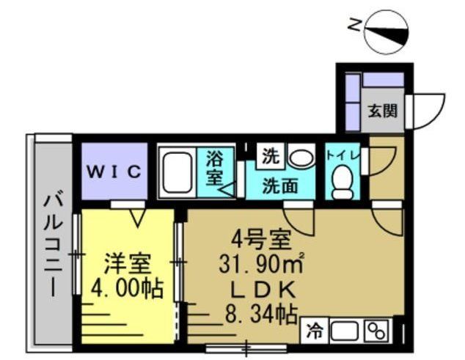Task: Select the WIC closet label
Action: [114, 172]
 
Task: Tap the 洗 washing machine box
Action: [271, 155]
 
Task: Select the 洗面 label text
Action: [280, 186]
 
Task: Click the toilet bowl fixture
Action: [342, 180]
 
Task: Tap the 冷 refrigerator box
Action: [313, 331]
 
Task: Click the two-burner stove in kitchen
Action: [376, 331]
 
